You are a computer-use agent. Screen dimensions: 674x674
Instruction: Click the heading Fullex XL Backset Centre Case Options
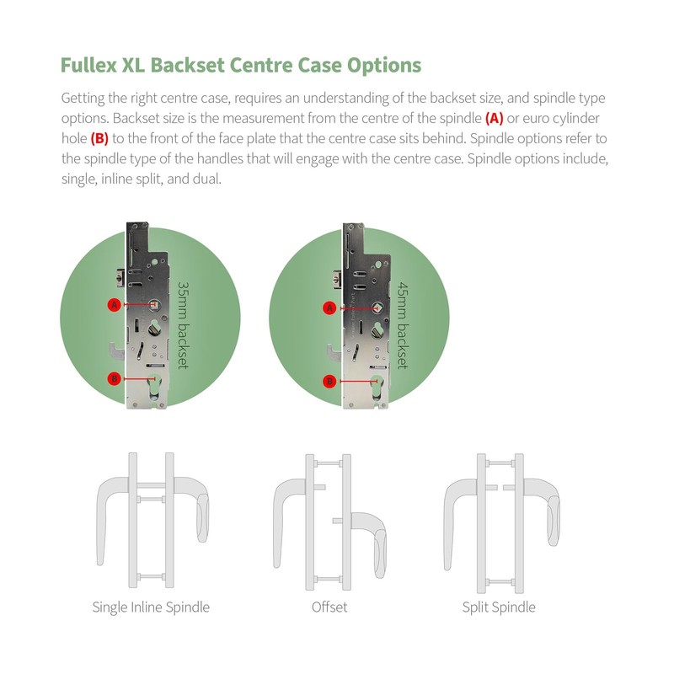pyautogui.click(x=240, y=65)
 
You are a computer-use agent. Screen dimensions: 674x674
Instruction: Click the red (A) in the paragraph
pyautogui.click(x=495, y=117)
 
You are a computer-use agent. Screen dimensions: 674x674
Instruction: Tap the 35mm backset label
pyautogui.click(x=182, y=325)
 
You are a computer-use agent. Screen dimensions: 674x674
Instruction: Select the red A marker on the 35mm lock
pyautogui.click(x=115, y=305)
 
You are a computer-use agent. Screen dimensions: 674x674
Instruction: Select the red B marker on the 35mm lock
pyautogui.click(x=115, y=379)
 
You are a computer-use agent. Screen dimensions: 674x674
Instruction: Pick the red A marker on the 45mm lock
pyautogui.click(x=330, y=308)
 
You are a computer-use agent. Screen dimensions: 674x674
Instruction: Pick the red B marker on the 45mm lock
pyautogui.click(x=330, y=382)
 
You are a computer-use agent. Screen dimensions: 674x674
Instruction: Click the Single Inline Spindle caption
pyautogui.click(x=151, y=607)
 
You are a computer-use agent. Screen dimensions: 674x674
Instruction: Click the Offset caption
pyautogui.click(x=329, y=607)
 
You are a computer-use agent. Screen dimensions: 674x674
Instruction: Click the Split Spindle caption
pyautogui.click(x=498, y=607)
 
